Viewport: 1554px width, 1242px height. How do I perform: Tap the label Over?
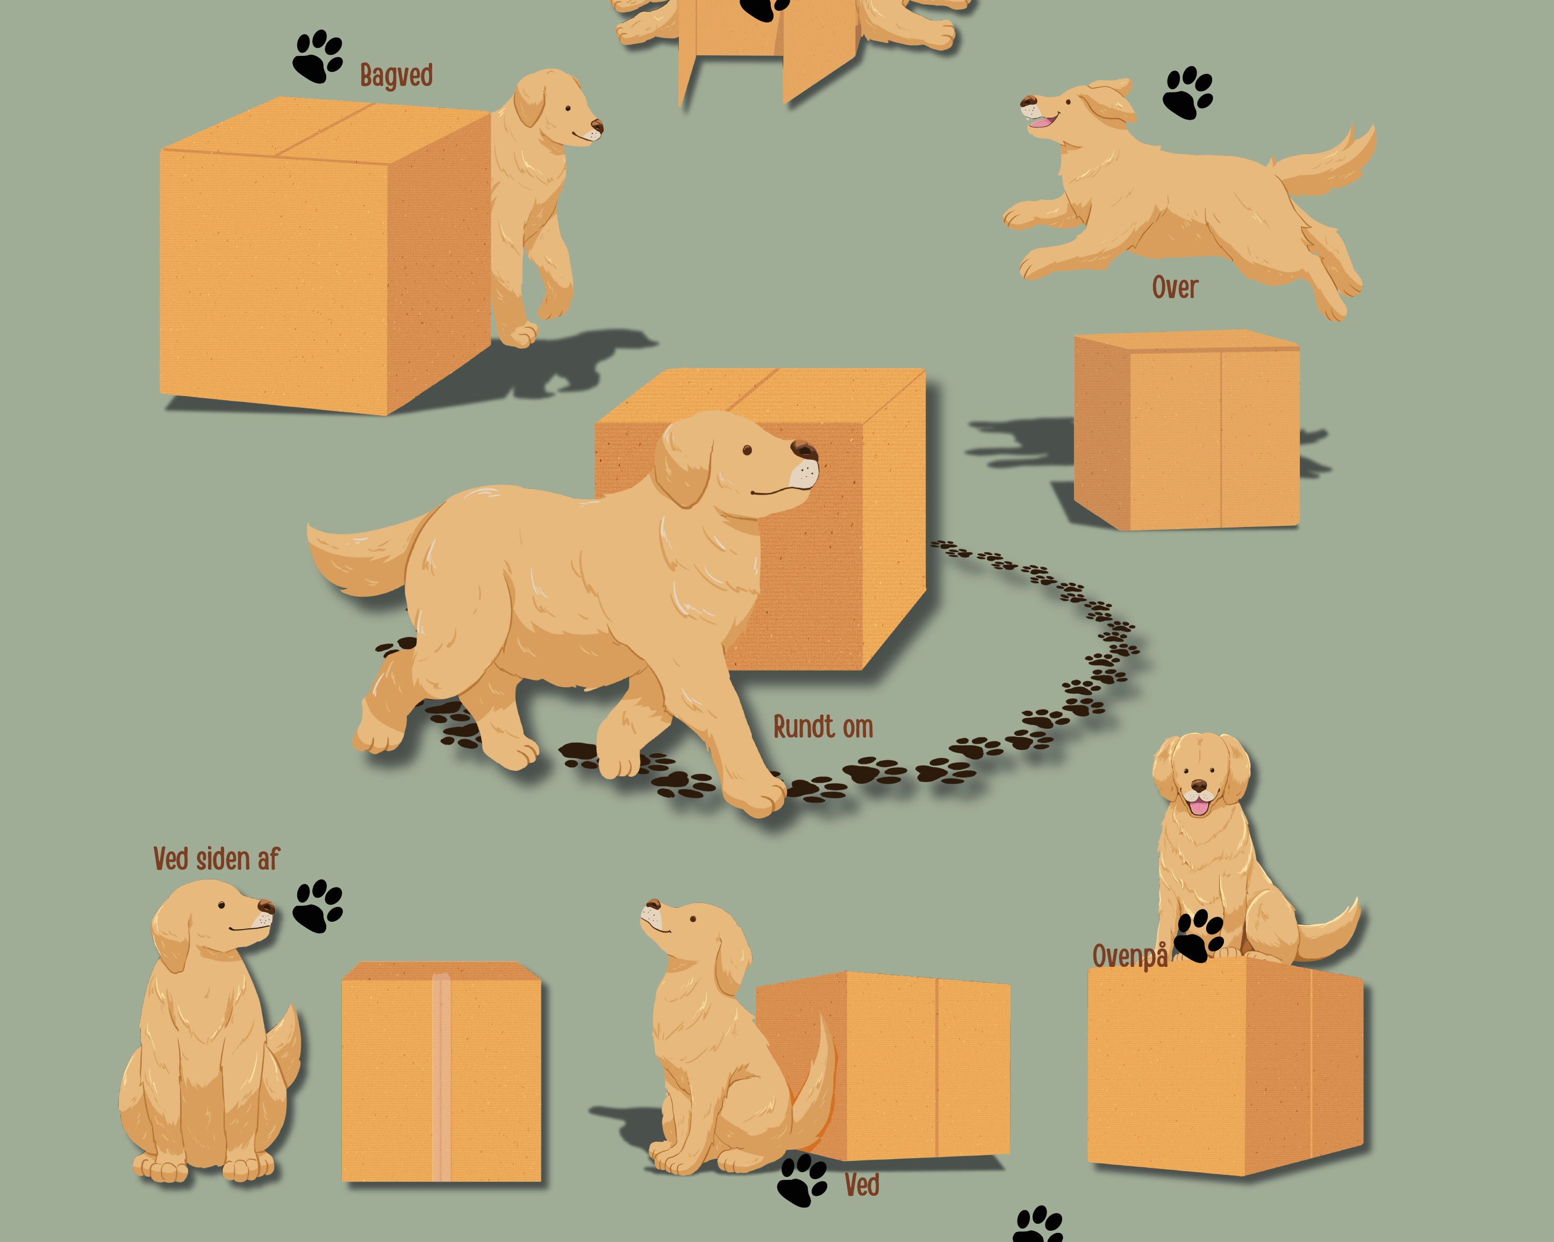1175,287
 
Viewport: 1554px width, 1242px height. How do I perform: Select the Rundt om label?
823,727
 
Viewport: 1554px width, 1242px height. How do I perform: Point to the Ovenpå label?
1129,957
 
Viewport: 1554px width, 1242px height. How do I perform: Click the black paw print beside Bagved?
318,56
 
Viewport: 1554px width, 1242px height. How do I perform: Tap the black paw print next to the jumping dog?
1188,93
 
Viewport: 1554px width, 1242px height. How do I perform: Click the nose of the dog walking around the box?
804,450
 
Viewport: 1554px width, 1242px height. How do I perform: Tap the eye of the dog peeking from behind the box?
569,108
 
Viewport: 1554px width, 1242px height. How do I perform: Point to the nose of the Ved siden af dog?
266,906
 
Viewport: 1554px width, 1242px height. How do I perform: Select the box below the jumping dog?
1186,430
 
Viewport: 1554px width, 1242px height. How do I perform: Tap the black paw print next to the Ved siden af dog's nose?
318,906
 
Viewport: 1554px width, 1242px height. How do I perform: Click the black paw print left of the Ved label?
802,1181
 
